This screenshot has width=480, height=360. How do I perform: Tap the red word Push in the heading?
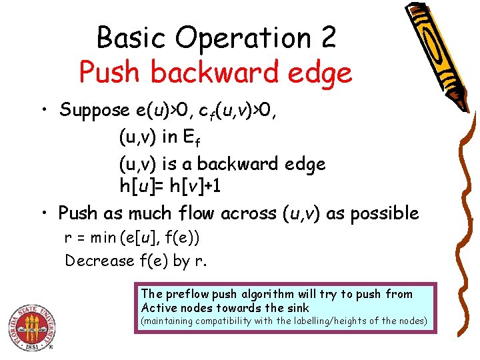pos(109,72)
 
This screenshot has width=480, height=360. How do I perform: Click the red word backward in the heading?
pos(219,72)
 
